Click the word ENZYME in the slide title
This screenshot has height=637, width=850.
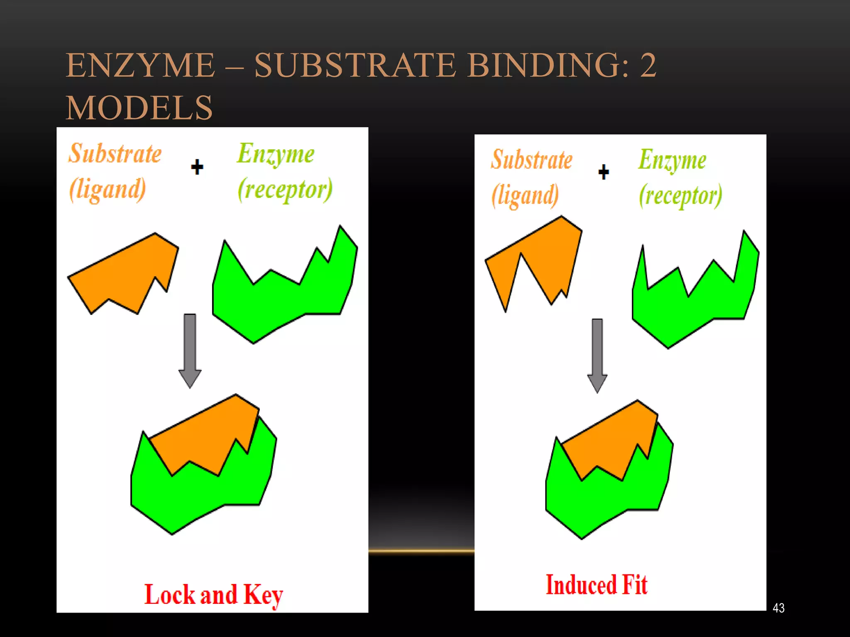[140, 66]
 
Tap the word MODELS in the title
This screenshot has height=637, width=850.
[139, 108]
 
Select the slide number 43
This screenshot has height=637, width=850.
[779, 608]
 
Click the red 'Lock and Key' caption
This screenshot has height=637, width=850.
[213, 595]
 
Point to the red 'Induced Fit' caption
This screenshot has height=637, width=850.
[596, 585]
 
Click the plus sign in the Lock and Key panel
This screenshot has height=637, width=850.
[197, 167]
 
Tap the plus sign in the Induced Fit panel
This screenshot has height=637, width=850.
[604, 172]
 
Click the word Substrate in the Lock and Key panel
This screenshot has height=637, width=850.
[115, 153]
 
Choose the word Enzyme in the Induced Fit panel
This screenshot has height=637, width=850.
[672, 160]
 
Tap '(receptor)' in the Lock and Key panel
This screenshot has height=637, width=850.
[285, 190]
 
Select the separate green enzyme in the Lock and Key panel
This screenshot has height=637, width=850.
[282, 299]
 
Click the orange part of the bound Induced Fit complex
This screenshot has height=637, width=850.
[610, 444]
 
